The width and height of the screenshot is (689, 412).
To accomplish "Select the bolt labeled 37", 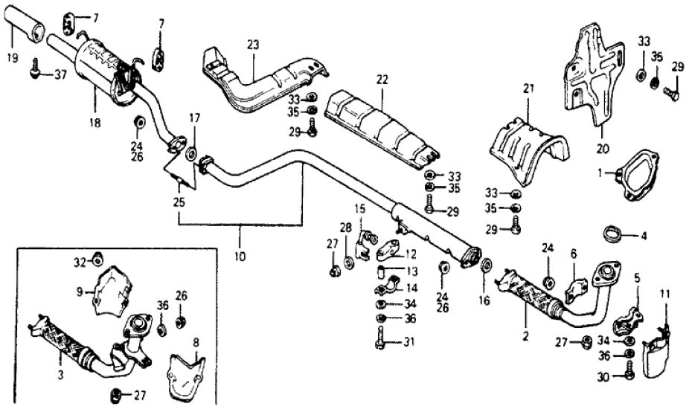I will (35, 73).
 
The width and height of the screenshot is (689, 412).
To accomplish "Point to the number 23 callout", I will (254, 45).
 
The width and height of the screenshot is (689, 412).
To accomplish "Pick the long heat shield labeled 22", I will (379, 123).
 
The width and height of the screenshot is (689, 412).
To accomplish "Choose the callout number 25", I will (178, 202).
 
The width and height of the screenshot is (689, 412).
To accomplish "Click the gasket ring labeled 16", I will (487, 265).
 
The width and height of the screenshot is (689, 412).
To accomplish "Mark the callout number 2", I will (525, 336).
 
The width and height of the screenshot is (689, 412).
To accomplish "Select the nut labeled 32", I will (96, 260).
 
